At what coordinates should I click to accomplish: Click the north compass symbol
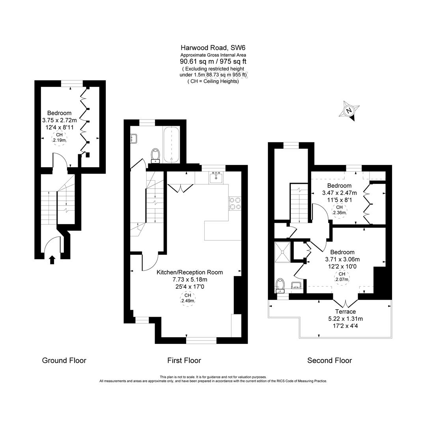tap(349, 111)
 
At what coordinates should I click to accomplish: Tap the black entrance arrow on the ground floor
tap(52, 259)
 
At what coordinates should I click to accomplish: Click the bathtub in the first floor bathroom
tap(171, 144)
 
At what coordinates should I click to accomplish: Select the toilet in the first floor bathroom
tap(155, 155)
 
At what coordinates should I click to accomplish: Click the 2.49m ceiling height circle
tap(188, 298)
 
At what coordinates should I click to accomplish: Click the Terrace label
tap(345, 312)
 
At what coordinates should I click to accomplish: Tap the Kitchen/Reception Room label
tap(189, 272)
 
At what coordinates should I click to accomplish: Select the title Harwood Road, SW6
tap(213, 48)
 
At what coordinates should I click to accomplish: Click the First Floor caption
tap(184, 361)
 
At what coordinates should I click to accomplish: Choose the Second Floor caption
tap(329, 361)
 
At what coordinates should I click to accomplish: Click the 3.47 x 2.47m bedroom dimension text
tap(339, 193)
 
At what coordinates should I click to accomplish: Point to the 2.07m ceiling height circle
tap(342, 277)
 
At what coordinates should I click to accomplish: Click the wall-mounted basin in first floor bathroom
tap(134, 138)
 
